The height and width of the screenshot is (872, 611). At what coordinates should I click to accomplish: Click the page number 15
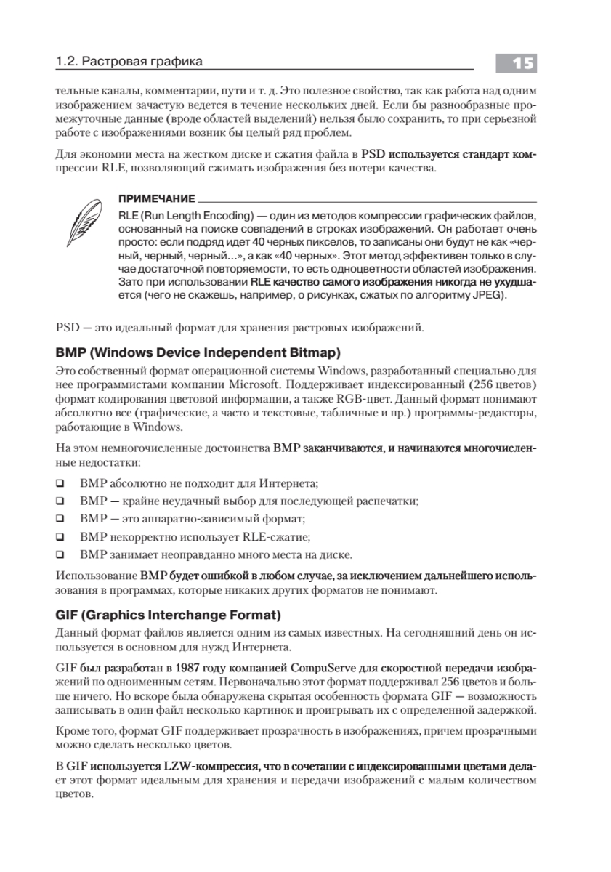(x=517, y=64)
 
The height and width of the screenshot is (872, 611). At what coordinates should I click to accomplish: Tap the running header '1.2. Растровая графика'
(x=129, y=62)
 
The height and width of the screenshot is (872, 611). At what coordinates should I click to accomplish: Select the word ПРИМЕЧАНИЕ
(x=155, y=198)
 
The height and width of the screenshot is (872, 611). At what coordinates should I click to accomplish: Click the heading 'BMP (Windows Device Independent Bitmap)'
(x=198, y=353)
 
